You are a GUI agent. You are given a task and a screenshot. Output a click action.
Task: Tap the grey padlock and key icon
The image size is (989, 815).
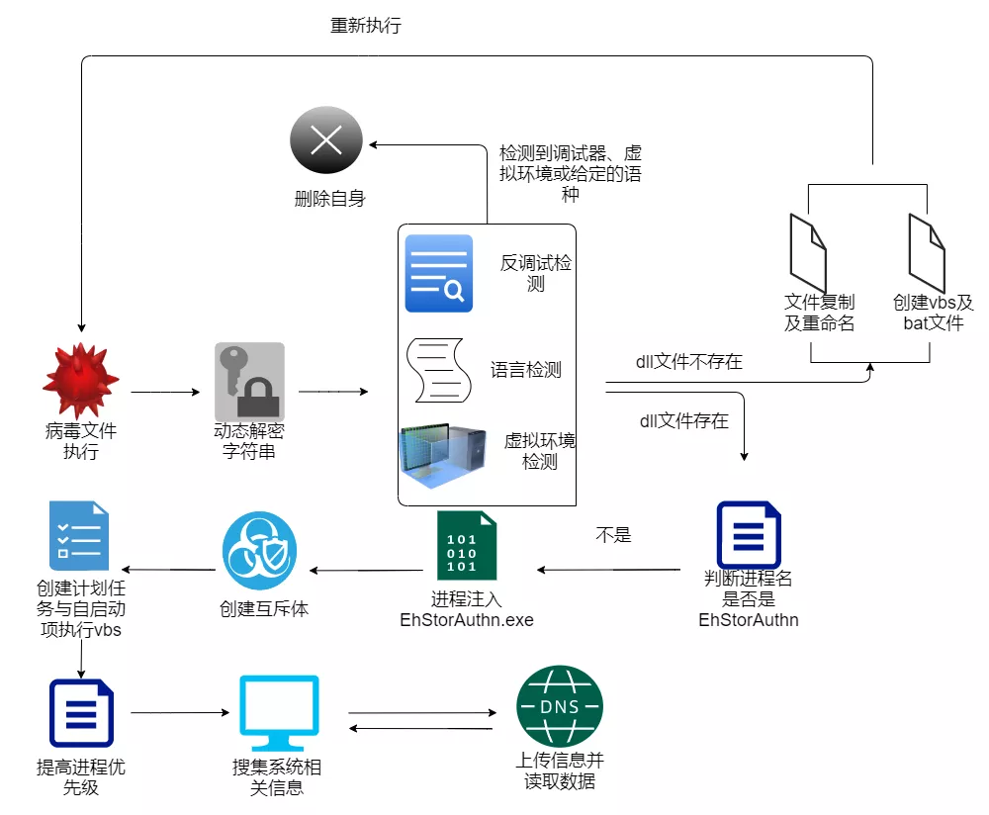[249, 382]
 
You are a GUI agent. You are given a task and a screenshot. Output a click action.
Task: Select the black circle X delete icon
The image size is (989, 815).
[326, 142]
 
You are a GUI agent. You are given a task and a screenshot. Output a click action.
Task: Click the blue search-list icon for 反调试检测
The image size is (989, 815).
[439, 274]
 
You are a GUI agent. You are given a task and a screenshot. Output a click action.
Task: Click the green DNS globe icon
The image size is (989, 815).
[560, 707]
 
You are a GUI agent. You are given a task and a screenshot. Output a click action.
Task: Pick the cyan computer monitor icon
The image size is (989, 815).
[279, 712]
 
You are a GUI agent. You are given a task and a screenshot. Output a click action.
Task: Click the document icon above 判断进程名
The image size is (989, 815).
[749, 536]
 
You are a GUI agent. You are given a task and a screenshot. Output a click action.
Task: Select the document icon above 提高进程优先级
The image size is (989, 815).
[81, 713]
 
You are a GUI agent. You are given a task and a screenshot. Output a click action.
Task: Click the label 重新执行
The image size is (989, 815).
[366, 26]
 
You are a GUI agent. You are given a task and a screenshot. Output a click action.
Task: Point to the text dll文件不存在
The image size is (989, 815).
[688, 362]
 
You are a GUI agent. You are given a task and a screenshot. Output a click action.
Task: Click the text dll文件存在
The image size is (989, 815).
[684, 421]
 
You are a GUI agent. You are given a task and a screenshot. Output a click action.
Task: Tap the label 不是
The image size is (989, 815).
[613, 535]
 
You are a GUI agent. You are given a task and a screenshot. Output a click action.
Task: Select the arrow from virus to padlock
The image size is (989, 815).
[165, 392]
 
